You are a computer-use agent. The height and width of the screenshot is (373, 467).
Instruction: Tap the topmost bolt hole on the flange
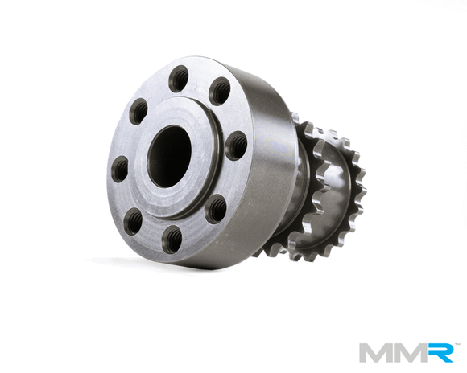click(179, 80)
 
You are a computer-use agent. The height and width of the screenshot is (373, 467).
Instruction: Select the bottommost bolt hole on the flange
click(171, 239)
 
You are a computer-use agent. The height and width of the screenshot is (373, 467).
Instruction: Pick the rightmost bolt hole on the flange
click(236, 146)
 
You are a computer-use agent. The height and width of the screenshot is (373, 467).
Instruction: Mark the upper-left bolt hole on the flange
click(139, 110)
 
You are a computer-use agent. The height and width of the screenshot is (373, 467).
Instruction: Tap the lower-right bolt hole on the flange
click(215, 208)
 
